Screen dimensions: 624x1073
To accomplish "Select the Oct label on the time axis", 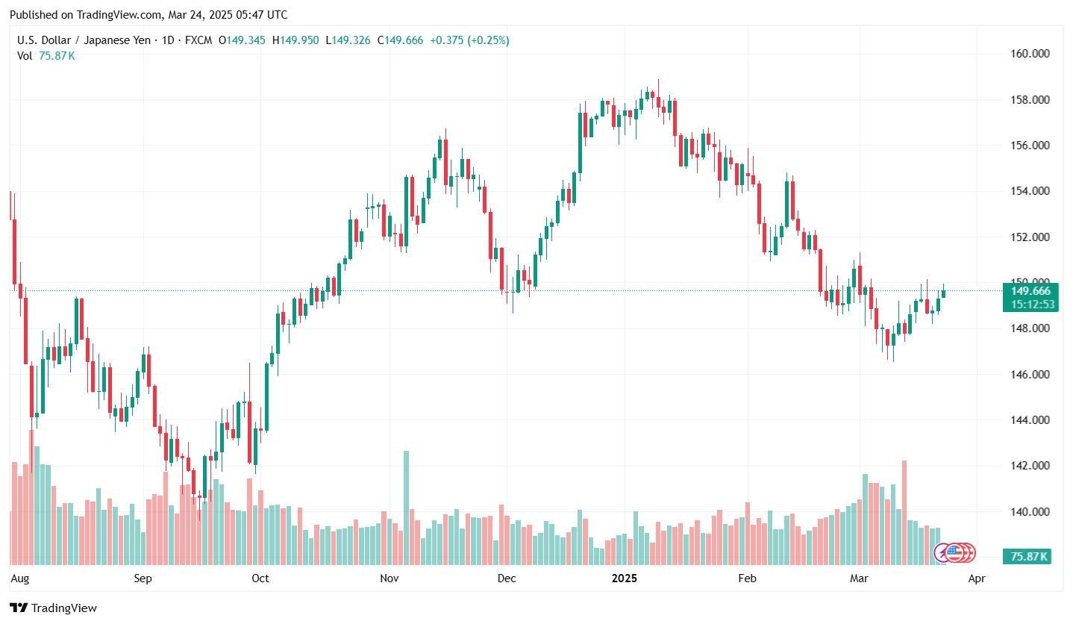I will point(260,578).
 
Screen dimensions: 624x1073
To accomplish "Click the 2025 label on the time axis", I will point(624,578).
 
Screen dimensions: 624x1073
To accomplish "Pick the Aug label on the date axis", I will point(20,578).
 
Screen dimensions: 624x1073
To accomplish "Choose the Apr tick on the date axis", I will point(976,578).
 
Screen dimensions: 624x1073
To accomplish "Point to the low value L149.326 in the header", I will point(349,40).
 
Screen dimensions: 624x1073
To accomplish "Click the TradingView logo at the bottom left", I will point(53,608).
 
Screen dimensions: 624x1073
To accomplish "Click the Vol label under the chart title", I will point(25,55).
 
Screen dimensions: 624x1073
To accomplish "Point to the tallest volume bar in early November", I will point(407,508).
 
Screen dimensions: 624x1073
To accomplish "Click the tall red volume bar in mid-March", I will point(904,512).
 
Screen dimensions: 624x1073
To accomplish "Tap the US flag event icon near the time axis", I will point(953,552).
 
